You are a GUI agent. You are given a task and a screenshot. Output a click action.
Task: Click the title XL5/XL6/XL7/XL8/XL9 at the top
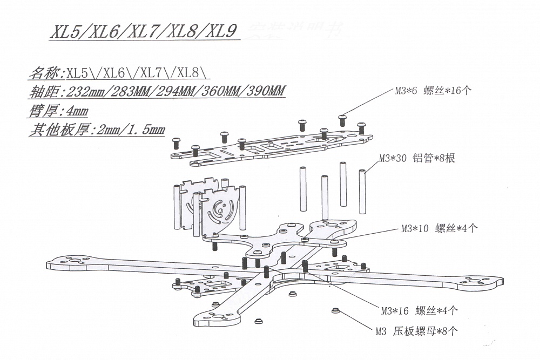coord(143,32)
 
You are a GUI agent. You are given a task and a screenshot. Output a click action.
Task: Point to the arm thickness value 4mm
coord(75,111)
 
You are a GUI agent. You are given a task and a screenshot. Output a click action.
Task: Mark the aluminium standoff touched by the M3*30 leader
coord(362,189)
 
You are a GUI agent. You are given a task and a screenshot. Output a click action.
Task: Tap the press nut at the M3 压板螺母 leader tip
coord(335,311)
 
